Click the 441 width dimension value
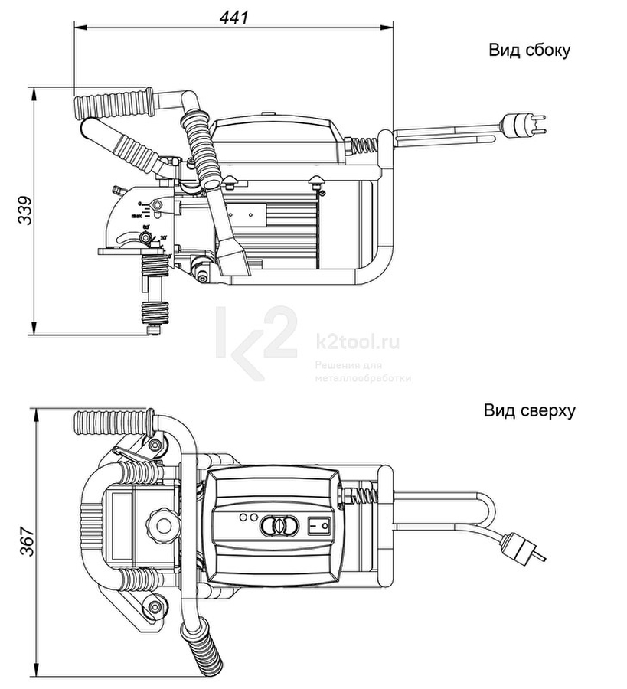click(235, 16)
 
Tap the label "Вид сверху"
click(529, 410)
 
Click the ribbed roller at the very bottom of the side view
click(155, 314)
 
